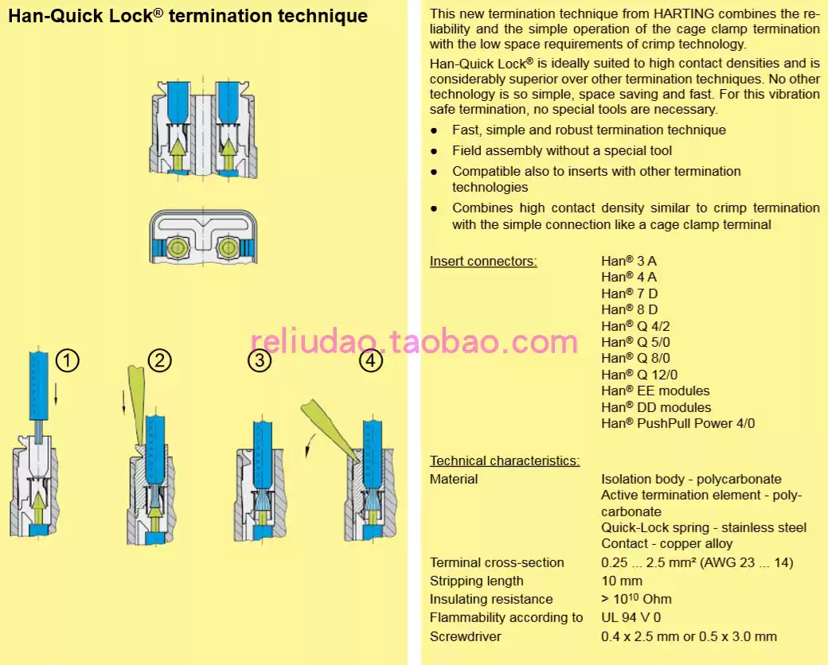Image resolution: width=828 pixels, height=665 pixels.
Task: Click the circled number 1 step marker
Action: (68, 361)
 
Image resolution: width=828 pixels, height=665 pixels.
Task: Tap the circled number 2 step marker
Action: (159, 361)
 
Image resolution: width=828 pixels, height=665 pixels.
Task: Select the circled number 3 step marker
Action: (259, 361)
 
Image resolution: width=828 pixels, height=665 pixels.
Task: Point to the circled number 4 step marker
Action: (370, 361)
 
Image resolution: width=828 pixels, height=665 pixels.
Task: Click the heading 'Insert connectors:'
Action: (483, 261)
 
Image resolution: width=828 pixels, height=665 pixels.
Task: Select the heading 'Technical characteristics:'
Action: (505, 461)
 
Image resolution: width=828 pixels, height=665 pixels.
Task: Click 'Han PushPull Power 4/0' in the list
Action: (678, 423)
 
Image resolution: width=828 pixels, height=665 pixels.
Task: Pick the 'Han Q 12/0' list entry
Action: (639, 375)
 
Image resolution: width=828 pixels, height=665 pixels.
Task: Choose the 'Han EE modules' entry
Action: (655, 391)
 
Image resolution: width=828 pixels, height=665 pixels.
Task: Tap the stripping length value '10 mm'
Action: (618, 581)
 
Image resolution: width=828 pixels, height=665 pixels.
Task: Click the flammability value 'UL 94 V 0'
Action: (631, 617)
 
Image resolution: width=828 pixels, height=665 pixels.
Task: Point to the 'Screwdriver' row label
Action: (466, 636)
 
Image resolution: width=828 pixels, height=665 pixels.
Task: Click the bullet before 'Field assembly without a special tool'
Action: (434, 151)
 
